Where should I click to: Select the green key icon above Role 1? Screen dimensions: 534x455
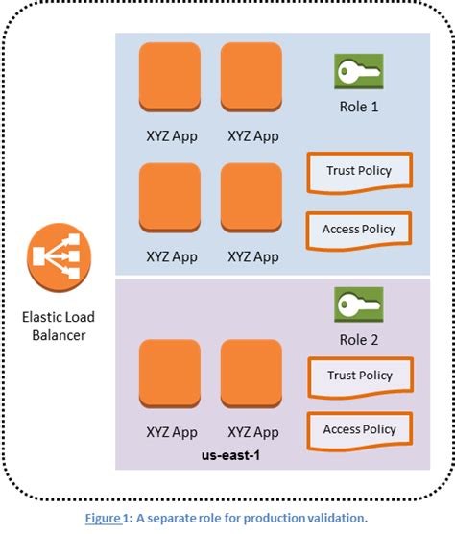[x=358, y=73]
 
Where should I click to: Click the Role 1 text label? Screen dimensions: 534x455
[x=358, y=107]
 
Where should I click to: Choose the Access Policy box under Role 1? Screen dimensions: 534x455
[x=358, y=230]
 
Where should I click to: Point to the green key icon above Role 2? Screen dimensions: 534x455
[x=358, y=306]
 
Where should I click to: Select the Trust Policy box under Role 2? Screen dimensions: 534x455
[x=360, y=376]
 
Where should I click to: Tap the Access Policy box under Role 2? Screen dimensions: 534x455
[x=358, y=430]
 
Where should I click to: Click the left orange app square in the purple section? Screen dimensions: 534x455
[x=170, y=374]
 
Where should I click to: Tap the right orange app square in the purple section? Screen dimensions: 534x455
[x=252, y=374]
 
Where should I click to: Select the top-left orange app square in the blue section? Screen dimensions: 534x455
[x=170, y=76]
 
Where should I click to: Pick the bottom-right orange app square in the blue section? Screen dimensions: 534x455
[x=252, y=197]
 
